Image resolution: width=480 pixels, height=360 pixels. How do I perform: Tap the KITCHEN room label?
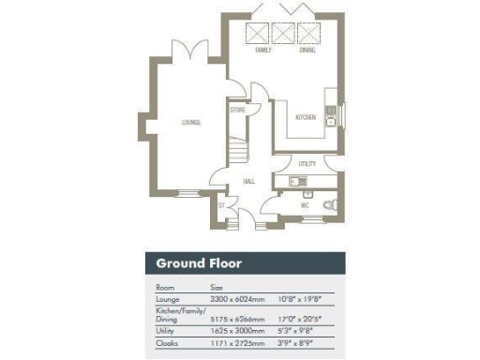coord(306,117)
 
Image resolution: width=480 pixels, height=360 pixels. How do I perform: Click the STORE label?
coord(237,110)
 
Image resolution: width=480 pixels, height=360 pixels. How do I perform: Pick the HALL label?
coord(249,181)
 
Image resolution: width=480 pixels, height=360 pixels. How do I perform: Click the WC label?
coord(305,203)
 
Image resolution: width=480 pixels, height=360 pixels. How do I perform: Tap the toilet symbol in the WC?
coord(329,204)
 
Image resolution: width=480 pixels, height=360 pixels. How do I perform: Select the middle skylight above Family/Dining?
coord(283,34)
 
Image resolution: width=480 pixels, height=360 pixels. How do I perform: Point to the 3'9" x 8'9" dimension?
coord(298,342)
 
